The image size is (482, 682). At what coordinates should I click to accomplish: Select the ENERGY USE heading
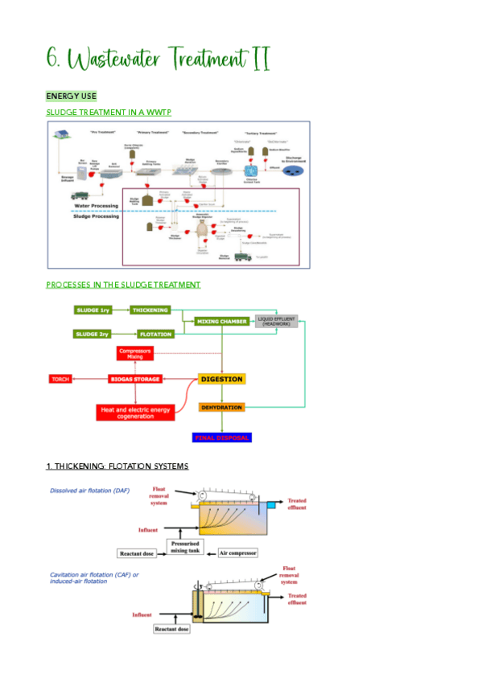tap(71, 97)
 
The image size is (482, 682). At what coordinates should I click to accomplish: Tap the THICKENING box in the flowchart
tap(150, 310)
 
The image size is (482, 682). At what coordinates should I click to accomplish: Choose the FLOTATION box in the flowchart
tap(150, 333)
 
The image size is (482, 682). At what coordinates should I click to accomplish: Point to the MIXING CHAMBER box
tap(220, 322)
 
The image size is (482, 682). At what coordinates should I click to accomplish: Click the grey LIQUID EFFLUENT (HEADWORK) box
tap(276, 322)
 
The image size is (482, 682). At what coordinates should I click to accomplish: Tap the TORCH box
tap(61, 378)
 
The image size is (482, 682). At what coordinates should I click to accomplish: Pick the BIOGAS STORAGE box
tap(135, 378)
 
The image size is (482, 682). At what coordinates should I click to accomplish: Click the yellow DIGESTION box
tap(220, 379)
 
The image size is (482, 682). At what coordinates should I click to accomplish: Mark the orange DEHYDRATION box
tap(220, 408)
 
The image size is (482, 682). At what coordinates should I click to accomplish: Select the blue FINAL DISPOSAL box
tap(221, 438)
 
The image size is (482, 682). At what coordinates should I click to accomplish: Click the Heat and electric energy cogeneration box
tap(134, 411)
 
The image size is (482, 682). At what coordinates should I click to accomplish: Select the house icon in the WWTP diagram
tap(61, 138)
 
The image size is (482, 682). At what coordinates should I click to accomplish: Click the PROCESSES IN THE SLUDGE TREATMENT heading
tap(123, 285)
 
